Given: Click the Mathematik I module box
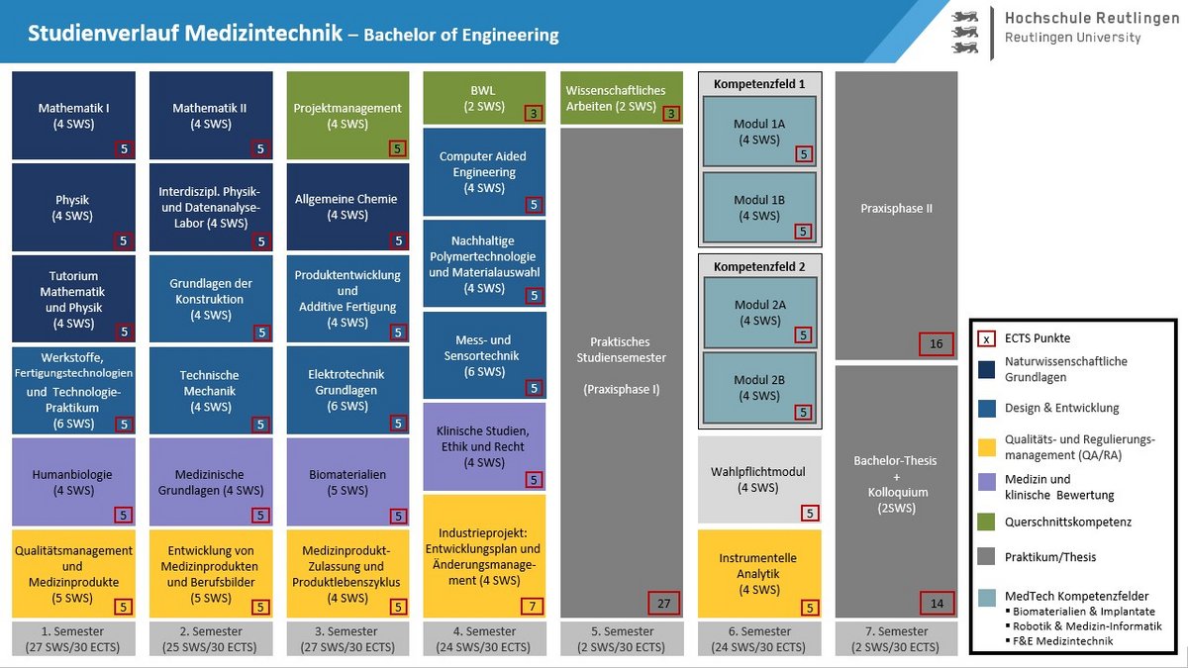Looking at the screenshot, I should pyautogui.click(x=74, y=115).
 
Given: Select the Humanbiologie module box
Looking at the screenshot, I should pyautogui.click(x=74, y=482).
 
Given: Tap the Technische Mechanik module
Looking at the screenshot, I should pyautogui.click(x=210, y=390).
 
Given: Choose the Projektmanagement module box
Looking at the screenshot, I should pyautogui.click(x=347, y=115).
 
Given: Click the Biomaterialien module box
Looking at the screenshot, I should pyautogui.click(x=347, y=482).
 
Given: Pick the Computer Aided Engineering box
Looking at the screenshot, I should pyautogui.click(x=484, y=171).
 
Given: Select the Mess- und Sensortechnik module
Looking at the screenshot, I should pyautogui.click(x=484, y=355).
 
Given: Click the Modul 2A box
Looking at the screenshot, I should pyautogui.click(x=759, y=313).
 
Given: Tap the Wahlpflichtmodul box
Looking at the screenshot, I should pyautogui.click(x=759, y=479).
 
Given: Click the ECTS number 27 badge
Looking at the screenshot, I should pyautogui.click(x=663, y=603).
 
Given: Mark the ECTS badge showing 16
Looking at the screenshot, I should pyautogui.click(x=937, y=344).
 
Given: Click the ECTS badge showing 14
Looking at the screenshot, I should pyautogui.click(x=937, y=603).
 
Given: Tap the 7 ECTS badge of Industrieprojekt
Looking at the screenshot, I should pyautogui.click(x=533, y=606).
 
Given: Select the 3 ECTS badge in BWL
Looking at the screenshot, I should pyautogui.click(x=534, y=114).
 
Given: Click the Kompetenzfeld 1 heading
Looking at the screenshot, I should pyautogui.click(x=759, y=84).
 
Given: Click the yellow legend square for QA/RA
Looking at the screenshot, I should pyautogui.click(x=987, y=446).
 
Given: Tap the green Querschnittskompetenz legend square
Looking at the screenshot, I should pyautogui.click(x=987, y=522).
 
